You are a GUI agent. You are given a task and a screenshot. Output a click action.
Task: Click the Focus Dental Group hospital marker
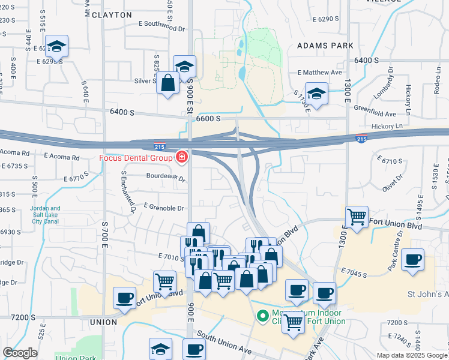(181, 158)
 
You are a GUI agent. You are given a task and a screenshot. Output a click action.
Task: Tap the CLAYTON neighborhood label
(112, 14)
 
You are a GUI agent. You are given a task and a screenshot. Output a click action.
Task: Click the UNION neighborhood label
(103, 322)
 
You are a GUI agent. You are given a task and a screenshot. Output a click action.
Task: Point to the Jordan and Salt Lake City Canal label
(44, 215)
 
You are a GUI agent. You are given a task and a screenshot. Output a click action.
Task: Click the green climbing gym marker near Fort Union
(262, 314)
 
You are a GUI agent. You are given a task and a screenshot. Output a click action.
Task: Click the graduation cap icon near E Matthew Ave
(316, 93)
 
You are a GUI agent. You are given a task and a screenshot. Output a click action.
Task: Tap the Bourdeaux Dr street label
(164, 176)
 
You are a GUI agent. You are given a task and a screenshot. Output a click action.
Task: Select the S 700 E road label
(104, 228)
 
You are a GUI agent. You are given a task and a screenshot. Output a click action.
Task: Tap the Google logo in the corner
(20, 353)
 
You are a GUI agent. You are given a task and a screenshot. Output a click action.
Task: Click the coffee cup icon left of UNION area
(124, 298)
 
